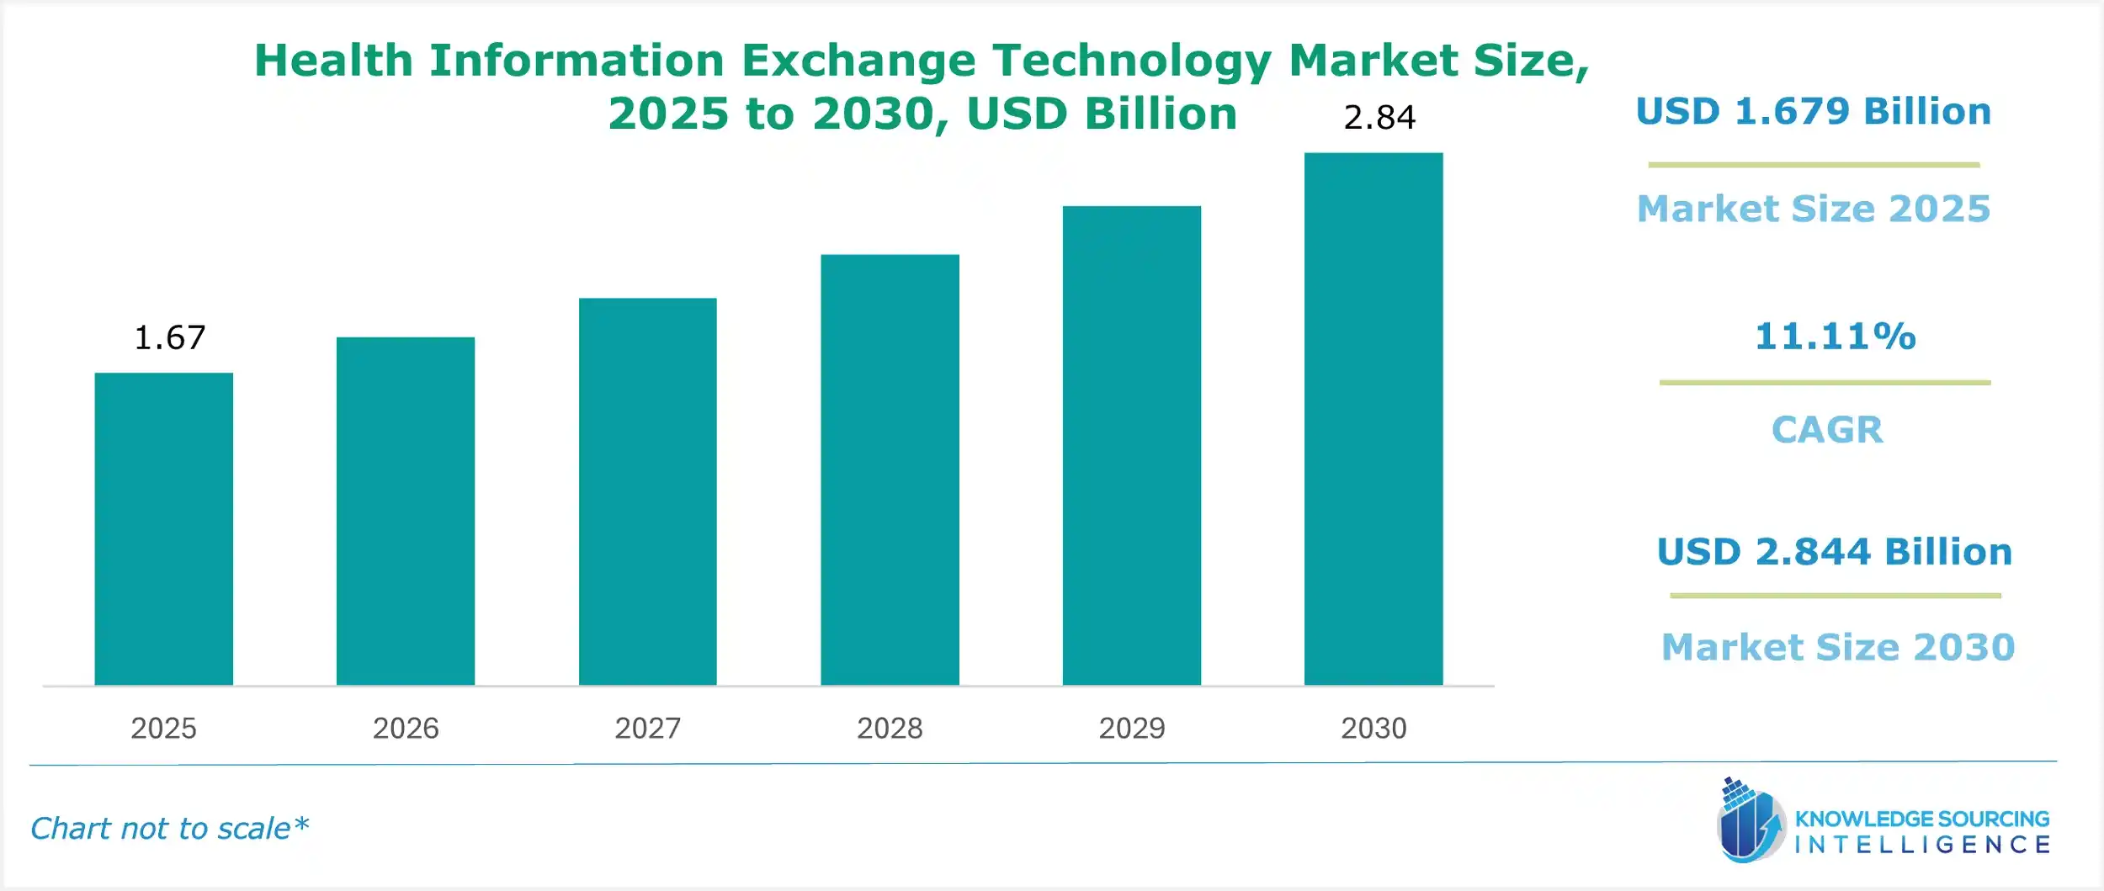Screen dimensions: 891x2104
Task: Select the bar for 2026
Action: (x=405, y=511)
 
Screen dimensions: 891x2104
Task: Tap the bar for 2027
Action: (x=647, y=491)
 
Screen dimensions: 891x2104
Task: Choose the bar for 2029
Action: (x=1131, y=445)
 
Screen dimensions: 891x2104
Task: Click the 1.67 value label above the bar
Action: (x=169, y=337)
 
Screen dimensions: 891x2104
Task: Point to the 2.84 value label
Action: (x=1379, y=117)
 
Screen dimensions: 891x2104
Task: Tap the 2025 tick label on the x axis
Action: (x=163, y=728)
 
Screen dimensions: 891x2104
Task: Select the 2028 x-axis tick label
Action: (x=890, y=728)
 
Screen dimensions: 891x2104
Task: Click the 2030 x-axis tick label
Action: (x=1373, y=728)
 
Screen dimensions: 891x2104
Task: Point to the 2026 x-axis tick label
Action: (x=406, y=728)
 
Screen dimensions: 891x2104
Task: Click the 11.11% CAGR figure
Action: (x=1835, y=337)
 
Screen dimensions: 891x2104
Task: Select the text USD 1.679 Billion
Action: (x=1813, y=111)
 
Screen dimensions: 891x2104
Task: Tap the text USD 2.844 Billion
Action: (x=1834, y=552)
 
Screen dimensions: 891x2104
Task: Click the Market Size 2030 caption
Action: (x=1837, y=647)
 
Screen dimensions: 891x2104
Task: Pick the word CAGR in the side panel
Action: (x=1827, y=430)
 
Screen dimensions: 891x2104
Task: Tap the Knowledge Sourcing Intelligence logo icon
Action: (x=1750, y=821)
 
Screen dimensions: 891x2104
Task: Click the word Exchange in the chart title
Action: (x=858, y=61)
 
